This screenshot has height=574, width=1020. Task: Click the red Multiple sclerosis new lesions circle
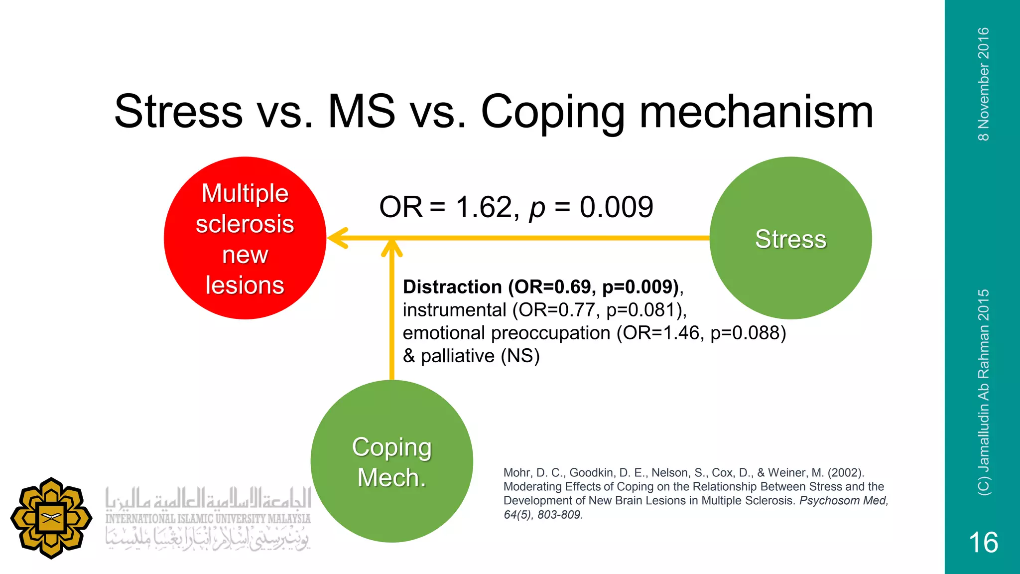[x=245, y=238]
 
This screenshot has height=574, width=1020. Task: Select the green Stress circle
[x=790, y=238]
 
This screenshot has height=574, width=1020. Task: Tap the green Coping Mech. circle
[x=391, y=461]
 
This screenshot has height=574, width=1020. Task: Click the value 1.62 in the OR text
[x=484, y=207]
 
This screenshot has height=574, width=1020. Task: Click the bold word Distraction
[x=452, y=287]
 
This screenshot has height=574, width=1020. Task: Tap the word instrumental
[x=454, y=310]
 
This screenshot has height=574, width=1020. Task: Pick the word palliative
[x=458, y=356]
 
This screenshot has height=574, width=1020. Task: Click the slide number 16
[x=983, y=542]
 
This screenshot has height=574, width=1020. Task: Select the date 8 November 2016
[x=983, y=84]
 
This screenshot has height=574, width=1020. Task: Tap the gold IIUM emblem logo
[x=51, y=518]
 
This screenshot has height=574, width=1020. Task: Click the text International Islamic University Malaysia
[x=208, y=519]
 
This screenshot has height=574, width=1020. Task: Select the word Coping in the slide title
[x=553, y=112]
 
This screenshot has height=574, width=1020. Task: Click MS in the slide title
[x=362, y=112]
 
